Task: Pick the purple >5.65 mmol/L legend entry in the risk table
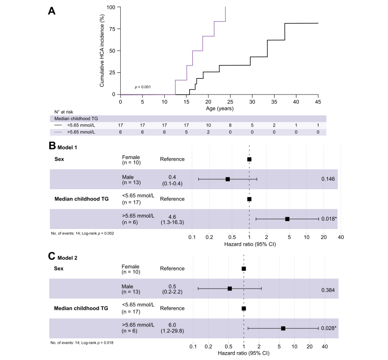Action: [x=74, y=132]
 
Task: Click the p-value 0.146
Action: [x=328, y=179]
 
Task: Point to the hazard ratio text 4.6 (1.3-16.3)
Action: [x=171, y=219]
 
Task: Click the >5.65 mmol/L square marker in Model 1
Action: [x=287, y=219]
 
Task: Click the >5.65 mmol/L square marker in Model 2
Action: [x=283, y=328]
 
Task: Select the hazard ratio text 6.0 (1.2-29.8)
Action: [x=171, y=328]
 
